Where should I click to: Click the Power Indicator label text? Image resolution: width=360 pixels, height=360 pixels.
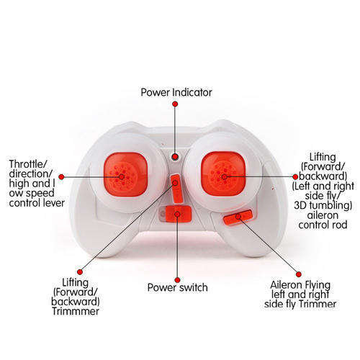click(176, 93)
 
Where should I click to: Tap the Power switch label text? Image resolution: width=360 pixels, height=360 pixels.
click(178, 287)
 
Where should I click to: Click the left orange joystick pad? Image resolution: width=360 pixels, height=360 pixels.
click(125, 174)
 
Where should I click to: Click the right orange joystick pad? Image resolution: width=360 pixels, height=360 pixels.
click(223, 174)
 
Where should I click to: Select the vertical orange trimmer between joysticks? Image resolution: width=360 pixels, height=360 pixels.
click(176, 189)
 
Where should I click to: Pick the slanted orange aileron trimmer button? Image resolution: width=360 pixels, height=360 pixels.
click(238, 217)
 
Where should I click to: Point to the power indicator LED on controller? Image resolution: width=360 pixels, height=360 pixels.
click(175, 157)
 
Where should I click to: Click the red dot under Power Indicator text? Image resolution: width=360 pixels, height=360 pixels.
click(175, 104)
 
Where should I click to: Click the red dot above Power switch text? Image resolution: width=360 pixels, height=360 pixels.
click(177, 280)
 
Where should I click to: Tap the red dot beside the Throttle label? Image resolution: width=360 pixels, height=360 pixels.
click(61, 177)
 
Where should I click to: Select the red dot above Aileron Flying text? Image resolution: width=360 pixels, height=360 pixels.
click(299, 274)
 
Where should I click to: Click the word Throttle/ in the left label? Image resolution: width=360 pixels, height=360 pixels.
click(28, 164)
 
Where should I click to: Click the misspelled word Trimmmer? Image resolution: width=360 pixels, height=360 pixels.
click(76, 312)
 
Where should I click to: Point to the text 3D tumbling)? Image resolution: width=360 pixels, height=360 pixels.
click(323, 206)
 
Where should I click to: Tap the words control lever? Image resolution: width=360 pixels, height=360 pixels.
click(37, 203)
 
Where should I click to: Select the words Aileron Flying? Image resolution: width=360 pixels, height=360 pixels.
click(300, 285)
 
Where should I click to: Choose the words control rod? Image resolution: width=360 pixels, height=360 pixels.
click(323, 225)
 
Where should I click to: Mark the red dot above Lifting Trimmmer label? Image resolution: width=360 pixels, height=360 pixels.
click(80, 272)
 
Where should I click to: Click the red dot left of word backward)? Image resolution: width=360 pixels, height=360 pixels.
click(295, 177)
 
